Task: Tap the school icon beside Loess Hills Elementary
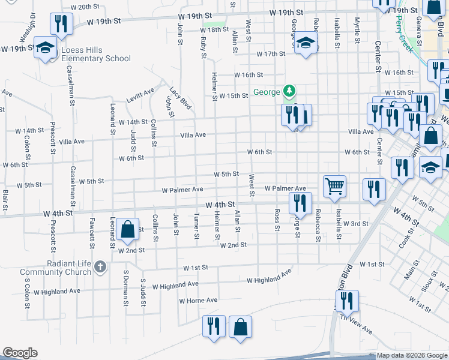[45, 48]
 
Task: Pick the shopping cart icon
[334, 185]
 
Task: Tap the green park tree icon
[290, 91]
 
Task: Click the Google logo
[20, 353]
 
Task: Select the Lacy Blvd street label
[180, 98]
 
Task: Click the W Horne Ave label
[197, 300]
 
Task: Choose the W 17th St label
[271, 54]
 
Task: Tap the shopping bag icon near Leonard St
[127, 229]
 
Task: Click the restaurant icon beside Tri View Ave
[346, 302]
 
